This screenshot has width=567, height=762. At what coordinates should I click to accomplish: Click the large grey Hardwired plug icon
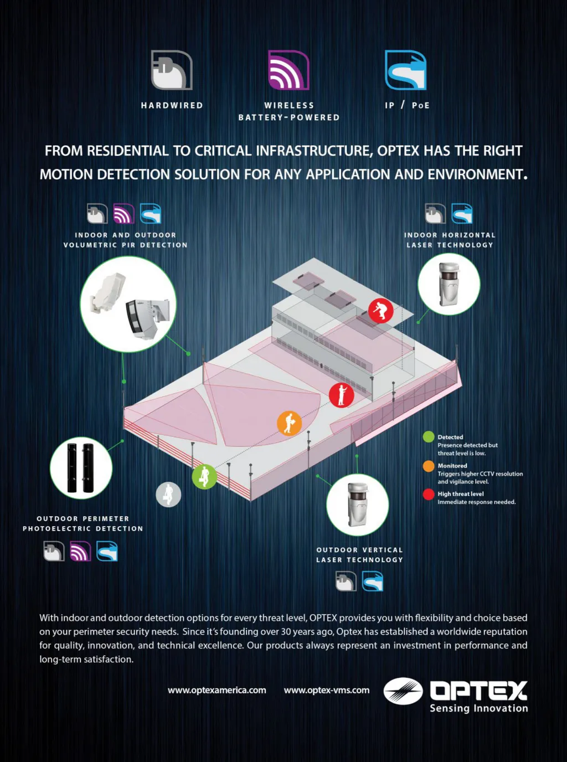click(172, 70)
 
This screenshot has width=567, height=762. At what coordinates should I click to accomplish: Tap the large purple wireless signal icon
click(288, 70)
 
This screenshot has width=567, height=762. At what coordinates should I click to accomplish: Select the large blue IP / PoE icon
click(405, 70)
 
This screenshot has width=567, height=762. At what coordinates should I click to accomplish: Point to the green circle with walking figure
click(204, 476)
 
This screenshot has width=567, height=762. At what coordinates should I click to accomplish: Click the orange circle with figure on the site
click(290, 423)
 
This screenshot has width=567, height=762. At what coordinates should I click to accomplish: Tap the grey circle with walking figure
click(168, 495)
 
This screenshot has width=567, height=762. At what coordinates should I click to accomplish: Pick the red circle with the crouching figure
click(381, 311)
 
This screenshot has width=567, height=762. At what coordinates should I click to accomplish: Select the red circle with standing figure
click(341, 395)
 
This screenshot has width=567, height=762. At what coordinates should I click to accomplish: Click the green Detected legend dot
click(429, 437)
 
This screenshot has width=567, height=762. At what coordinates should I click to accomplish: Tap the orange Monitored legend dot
click(429, 466)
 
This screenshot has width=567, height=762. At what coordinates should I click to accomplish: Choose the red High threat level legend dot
click(429, 495)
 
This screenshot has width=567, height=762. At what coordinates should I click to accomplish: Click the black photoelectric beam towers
click(81, 467)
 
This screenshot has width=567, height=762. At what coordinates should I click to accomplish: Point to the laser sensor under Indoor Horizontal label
click(449, 284)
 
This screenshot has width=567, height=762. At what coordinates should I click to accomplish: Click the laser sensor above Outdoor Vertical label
click(358, 504)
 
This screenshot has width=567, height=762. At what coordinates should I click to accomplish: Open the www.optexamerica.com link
click(217, 690)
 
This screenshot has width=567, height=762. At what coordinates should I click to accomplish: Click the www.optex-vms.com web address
click(327, 690)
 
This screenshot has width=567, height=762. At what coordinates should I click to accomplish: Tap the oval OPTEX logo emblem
click(403, 691)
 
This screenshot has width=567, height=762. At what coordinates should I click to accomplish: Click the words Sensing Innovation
click(479, 708)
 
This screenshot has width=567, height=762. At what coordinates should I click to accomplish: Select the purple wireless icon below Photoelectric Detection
click(80, 551)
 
